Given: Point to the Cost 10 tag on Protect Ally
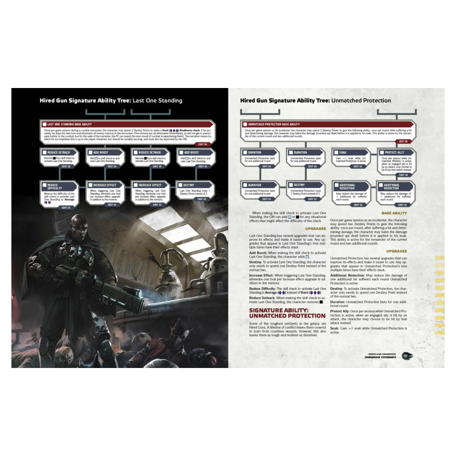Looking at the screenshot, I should pyautogui.click(x=403, y=175).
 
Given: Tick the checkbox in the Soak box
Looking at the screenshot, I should pyautogui.click(x=336, y=152).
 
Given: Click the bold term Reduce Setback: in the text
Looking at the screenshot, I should pyautogui.click(x=264, y=298).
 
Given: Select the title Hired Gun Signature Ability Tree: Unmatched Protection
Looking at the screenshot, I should pyautogui.click(x=315, y=100).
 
